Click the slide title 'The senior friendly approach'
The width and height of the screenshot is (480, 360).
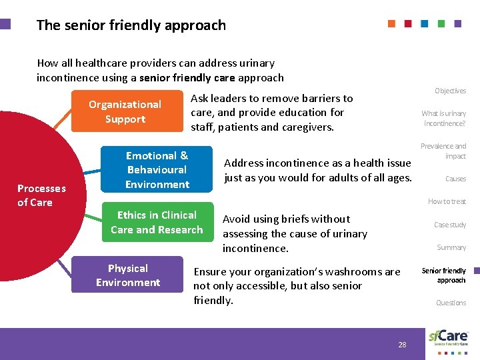pos(131,25)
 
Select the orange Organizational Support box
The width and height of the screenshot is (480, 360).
pos(125,112)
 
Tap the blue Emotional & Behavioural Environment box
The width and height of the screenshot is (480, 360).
pos(157,170)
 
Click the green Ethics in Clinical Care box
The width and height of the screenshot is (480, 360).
pos(157,223)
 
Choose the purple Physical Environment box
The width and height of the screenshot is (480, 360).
pos(127,275)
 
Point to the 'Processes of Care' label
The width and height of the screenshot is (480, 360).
pos(41,195)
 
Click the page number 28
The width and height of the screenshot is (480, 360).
pos(402,345)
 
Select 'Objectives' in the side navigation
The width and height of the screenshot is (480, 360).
pos(450,91)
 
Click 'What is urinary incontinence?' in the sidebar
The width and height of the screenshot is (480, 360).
pos(444,119)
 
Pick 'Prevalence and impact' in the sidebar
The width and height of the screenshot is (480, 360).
pos(443,151)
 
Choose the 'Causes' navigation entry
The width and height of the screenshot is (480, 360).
pos(455,179)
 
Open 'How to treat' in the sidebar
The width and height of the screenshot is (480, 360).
pos(447,201)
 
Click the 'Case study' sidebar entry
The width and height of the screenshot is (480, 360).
pos(450,225)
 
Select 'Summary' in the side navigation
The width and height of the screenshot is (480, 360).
pos(451,247)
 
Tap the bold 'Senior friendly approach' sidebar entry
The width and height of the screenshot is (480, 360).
pos(444,275)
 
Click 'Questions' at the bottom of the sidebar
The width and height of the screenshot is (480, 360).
pos(451,303)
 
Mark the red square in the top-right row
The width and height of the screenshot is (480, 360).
pos(408,23)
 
